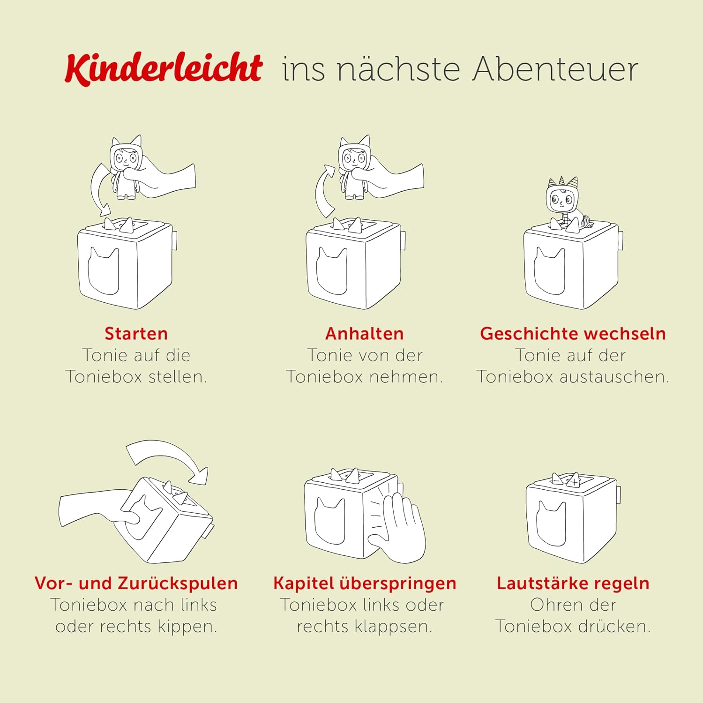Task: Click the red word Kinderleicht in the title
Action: [164, 68]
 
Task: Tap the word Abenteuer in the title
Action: [555, 69]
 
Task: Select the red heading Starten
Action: [136, 334]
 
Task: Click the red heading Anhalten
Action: [364, 334]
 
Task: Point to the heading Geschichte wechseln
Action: [573, 334]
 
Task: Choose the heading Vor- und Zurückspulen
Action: [136, 583]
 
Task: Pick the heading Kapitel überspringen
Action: [365, 583]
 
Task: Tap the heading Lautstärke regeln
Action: [573, 583]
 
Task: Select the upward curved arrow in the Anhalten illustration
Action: [322, 190]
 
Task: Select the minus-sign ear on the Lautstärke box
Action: [557, 479]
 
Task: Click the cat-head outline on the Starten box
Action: [103, 271]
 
